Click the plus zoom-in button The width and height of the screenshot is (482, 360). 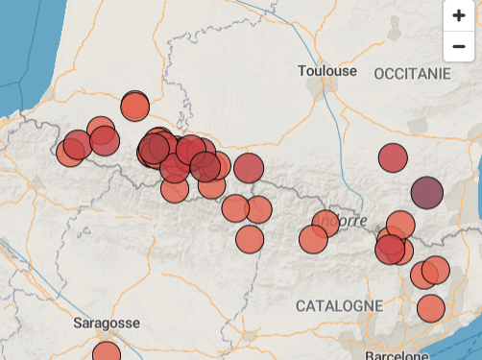tap(458, 15)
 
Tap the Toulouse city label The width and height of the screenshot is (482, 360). tap(326, 71)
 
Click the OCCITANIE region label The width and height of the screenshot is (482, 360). tap(412, 74)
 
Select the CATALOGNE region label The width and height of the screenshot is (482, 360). tap(339, 305)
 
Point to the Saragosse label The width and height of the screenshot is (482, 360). tap(107, 324)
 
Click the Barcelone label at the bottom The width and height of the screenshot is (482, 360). tap(396, 353)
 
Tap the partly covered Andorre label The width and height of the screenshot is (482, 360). tap(348, 220)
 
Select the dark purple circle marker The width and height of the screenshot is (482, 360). tap(426, 193)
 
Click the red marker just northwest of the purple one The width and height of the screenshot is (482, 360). tap(393, 157)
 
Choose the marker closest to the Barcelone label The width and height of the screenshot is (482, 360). tap(431, 309)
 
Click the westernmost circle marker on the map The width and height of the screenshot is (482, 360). tap(70, 152)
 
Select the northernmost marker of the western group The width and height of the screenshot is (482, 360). tap(134, 106)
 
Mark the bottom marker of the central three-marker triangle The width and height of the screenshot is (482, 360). tap(250, 239)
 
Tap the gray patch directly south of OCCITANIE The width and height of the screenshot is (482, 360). tap(417, 126)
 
